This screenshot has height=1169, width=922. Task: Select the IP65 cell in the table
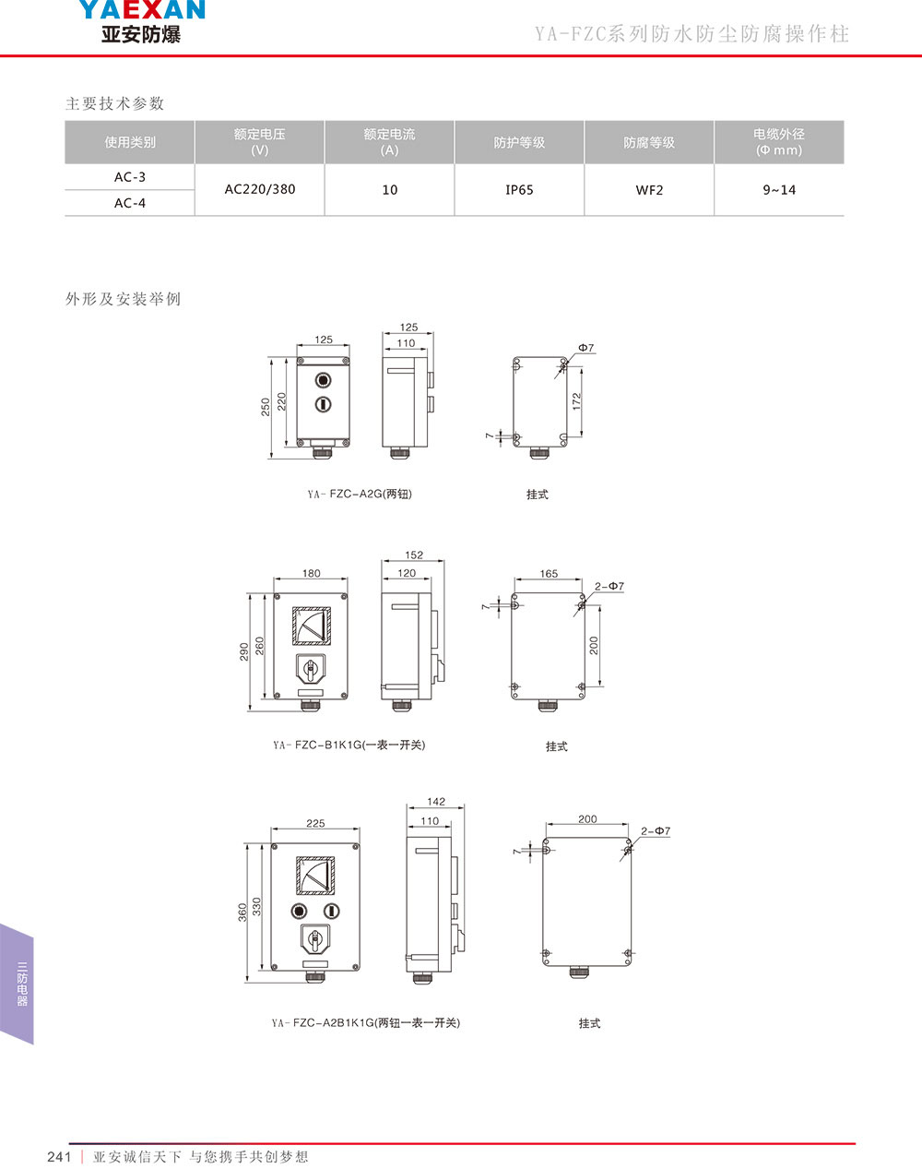(x=519, y=190)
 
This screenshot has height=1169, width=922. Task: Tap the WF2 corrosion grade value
(x=649, y=190)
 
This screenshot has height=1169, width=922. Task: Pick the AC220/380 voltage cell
(x=260, y=189)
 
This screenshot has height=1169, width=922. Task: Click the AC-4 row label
(x=130, y=203)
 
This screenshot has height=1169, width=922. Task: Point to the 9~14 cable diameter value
(x=779, y=190)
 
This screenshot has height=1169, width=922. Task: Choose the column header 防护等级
(x=519, y=142)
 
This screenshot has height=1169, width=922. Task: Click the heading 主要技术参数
(x=114, y=103)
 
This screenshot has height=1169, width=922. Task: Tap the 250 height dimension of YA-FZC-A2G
(x=265, y=407)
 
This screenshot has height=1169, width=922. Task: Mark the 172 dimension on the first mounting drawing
(x=576, y=401)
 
